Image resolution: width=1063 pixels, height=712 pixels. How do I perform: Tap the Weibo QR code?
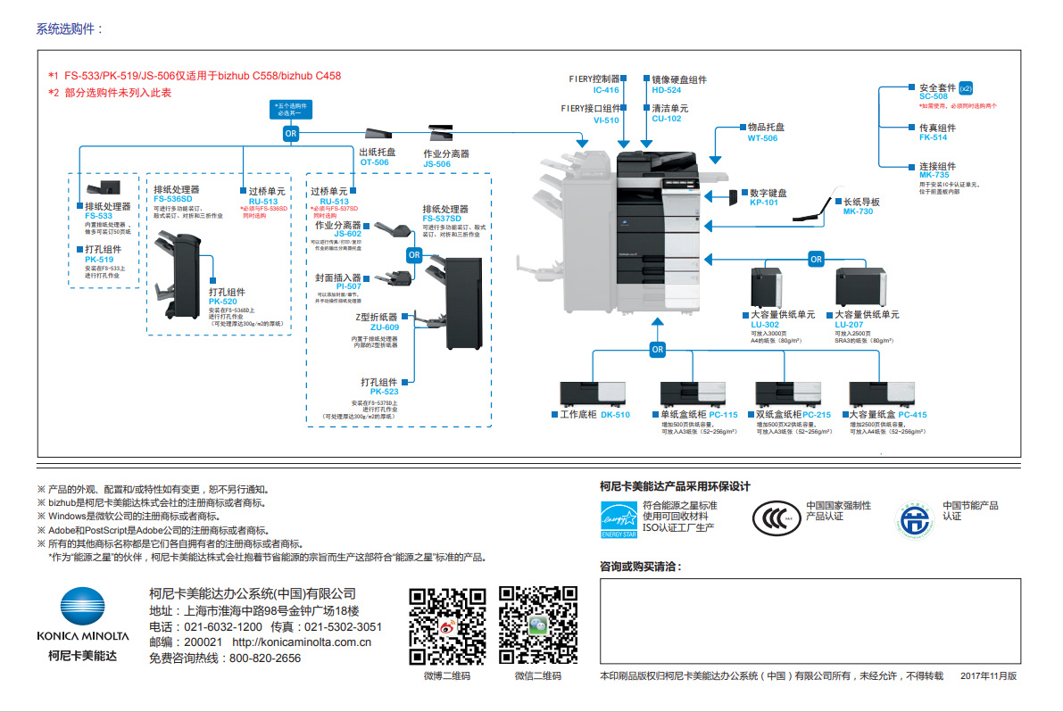(x=446, y=625)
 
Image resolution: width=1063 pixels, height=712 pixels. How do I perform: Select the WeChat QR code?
(x=537, y=625)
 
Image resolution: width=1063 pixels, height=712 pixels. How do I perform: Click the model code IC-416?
(x=606, y=90)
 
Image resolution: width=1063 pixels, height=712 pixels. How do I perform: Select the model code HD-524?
(x=666, y=90)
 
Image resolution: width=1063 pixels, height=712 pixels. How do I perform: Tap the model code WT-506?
(x=762, y=138)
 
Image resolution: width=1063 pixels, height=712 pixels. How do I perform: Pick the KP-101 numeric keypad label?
(x=763, y=203)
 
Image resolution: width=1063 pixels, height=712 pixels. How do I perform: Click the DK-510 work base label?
(x=615, y=415)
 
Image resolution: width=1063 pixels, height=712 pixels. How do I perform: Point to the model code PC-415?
(x=912, y=415)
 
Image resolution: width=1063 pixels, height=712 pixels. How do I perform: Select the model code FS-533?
(x=98, y=216)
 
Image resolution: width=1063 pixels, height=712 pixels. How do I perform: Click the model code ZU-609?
(x=385, y=327)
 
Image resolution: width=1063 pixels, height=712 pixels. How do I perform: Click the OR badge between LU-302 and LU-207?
(x=816, y=260)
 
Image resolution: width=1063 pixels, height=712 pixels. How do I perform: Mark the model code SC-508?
(x=934, y=96)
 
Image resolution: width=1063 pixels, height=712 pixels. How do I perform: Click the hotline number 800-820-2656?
(x=265, y=658)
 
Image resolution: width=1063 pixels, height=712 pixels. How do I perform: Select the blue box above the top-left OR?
(x=291, y=110)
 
